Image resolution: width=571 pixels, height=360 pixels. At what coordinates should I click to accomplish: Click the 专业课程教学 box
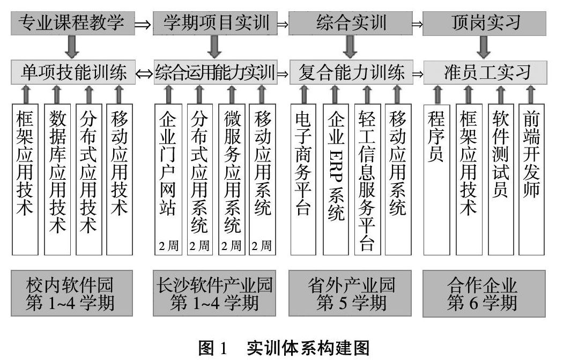(x=72, y=23)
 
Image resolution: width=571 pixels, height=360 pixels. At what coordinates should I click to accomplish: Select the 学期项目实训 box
(x=215, y=23)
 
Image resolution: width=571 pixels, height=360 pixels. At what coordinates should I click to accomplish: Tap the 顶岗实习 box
(x=484, y=23)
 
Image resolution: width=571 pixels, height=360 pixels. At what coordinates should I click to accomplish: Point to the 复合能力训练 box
(x=351, y=72)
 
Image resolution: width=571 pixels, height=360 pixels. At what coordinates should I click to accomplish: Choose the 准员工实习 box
(x=486, y=72)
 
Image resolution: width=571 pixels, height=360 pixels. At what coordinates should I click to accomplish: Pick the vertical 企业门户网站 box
(x=168, y=179)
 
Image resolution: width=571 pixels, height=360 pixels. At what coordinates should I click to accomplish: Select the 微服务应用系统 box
(x=232, y=179)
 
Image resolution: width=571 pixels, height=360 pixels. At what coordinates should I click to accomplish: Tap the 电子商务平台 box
(x=303, y=179)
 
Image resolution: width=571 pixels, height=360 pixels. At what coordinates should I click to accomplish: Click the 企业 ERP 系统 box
(x=335, y=179)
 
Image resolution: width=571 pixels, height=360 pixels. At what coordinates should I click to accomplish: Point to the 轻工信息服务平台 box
(x=366, y=179)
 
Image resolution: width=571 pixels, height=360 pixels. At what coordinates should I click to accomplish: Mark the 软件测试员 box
(x=500, y=179)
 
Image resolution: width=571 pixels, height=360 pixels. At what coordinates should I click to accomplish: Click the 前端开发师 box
(x=531, y=179)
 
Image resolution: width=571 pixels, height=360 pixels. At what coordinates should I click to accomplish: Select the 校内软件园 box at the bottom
(x=72, y=293)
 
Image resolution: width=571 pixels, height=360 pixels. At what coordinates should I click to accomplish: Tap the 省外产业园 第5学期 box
(x=351, y=293)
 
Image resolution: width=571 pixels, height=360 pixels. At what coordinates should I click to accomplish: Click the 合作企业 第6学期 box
(x=484, y=293)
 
